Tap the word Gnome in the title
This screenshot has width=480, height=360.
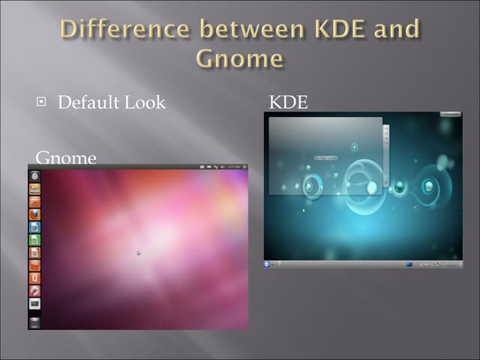click(x=239, y=58)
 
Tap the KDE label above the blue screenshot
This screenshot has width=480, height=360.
click(x=288, y=102)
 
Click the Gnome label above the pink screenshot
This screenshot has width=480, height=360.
click(x=66, y=158)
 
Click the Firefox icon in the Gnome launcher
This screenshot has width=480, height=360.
click(x=34, y=214)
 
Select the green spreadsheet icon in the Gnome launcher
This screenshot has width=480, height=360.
click(x=34, y=240)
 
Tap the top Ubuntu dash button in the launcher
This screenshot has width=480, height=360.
click(x=34, y=175)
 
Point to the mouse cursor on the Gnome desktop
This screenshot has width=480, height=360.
click(x=139, y=253)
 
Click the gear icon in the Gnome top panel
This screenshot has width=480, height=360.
click(x=243, y=166)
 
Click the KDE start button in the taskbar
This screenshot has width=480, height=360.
click(x=268, y=263)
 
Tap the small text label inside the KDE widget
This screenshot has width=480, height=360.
click(x=325, y=157)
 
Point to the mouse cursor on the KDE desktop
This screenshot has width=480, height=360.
click(x=303, y=210)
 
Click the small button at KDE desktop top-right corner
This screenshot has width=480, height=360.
click(x=450, y=115)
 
